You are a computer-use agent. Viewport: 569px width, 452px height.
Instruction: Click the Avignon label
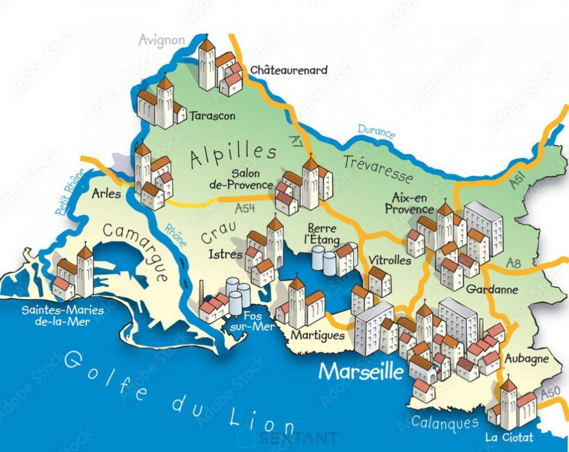[x=161, y=40]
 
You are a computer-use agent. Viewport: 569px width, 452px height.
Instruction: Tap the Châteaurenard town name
[x=289, y=70]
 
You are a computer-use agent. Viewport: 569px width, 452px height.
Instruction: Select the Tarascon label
[x=212, y=116]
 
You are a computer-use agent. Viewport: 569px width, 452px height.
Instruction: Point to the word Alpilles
[x=233, y=155]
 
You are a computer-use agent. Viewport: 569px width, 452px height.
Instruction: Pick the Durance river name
[x=376, y=131]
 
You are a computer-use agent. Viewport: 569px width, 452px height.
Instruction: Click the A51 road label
[x=522, y=178]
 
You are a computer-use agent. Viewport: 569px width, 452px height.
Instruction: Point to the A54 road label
[x=244, y=208]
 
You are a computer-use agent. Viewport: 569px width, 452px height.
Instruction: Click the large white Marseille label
[x=360, y=372]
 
